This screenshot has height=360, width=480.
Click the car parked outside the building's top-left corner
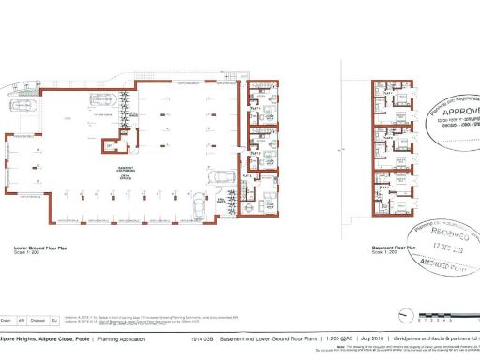tap(23, 107)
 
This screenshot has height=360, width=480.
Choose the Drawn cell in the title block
tap(7, 319)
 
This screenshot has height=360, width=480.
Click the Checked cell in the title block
tap(37, 319)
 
